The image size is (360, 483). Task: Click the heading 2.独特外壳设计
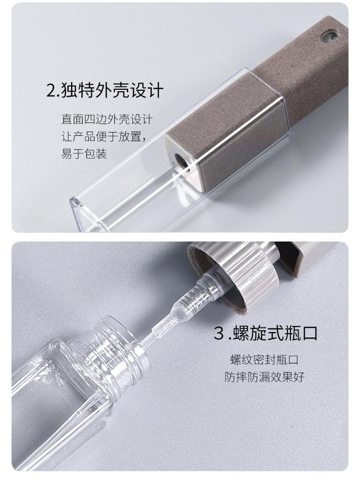coord(105,90)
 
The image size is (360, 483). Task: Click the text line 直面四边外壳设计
coord(107,119)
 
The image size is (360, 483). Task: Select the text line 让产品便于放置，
coord(104,136)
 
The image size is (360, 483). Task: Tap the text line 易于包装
coord(84,154)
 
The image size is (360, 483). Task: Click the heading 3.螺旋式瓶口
coord(265,333)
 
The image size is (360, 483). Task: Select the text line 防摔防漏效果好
coord(264,377)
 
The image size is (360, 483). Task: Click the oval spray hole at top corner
coord(330,36)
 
